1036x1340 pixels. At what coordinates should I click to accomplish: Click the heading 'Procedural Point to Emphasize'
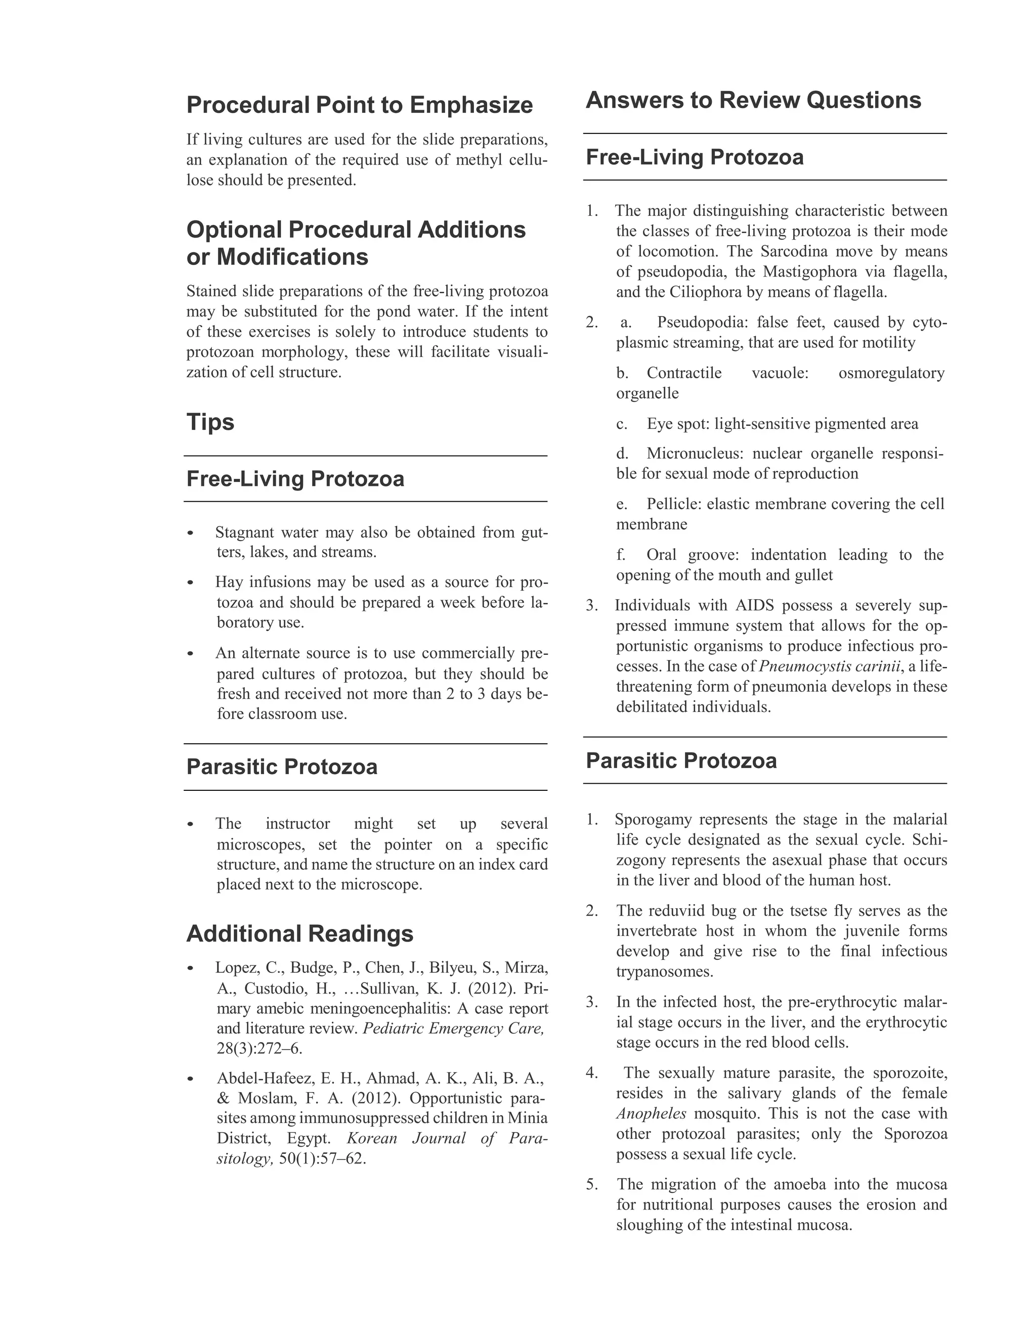pyautogui.click(x=359, y=105)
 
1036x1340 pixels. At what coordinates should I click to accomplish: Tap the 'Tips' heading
pyautogui.click(x=210, y=422)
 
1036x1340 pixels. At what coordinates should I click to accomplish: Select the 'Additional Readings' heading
pyautogui.click(x=299, y=933)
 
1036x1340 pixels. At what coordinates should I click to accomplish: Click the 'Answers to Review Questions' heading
pyautogui.click(x=753, y=100)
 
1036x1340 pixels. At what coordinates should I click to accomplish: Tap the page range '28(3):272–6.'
pyautogui.click(x=259, y=1049)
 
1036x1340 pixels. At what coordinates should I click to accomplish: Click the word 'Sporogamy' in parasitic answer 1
pyautogui.click(x=654, y=820)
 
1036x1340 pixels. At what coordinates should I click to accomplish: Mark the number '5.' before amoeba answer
pyautogui.click(x=592, y=1184)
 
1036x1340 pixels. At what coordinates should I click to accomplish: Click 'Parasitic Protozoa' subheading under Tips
pyautogui.click(x=282, y=767)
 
